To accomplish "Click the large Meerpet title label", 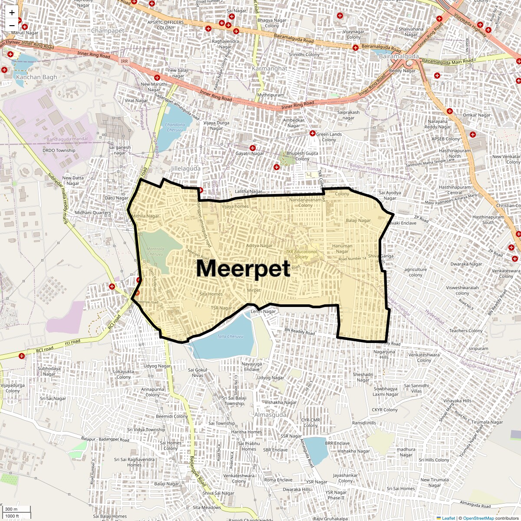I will tap(243, 268).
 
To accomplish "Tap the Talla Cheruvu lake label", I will tap(230, 336).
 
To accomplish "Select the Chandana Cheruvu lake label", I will tap(175, 127).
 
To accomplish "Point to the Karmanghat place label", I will tap(270, 69).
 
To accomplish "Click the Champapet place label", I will tap(108, 31).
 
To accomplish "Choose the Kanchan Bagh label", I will tap(36, 77).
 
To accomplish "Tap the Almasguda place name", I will tap(270, 415).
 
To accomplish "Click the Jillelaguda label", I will tap(186, 168).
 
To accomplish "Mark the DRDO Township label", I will tap(59, 151).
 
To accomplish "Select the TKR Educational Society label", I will tap(302, 254).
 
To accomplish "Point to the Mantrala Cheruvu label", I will tap(155, 251).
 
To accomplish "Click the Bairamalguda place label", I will tap(399, 56).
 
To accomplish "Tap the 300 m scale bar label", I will tap(12, 509).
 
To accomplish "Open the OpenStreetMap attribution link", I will tap(478, 518).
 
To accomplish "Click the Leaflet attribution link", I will tap(448, 518).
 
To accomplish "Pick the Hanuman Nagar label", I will tap(342, 248).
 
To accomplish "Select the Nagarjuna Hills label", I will tap(384, 354).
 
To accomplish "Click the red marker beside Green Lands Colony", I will tap(312, 133).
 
